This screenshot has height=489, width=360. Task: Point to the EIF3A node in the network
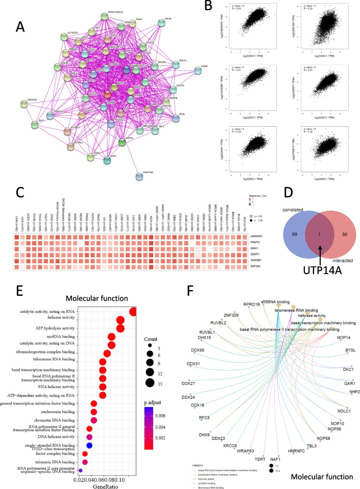click(162, 23)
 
